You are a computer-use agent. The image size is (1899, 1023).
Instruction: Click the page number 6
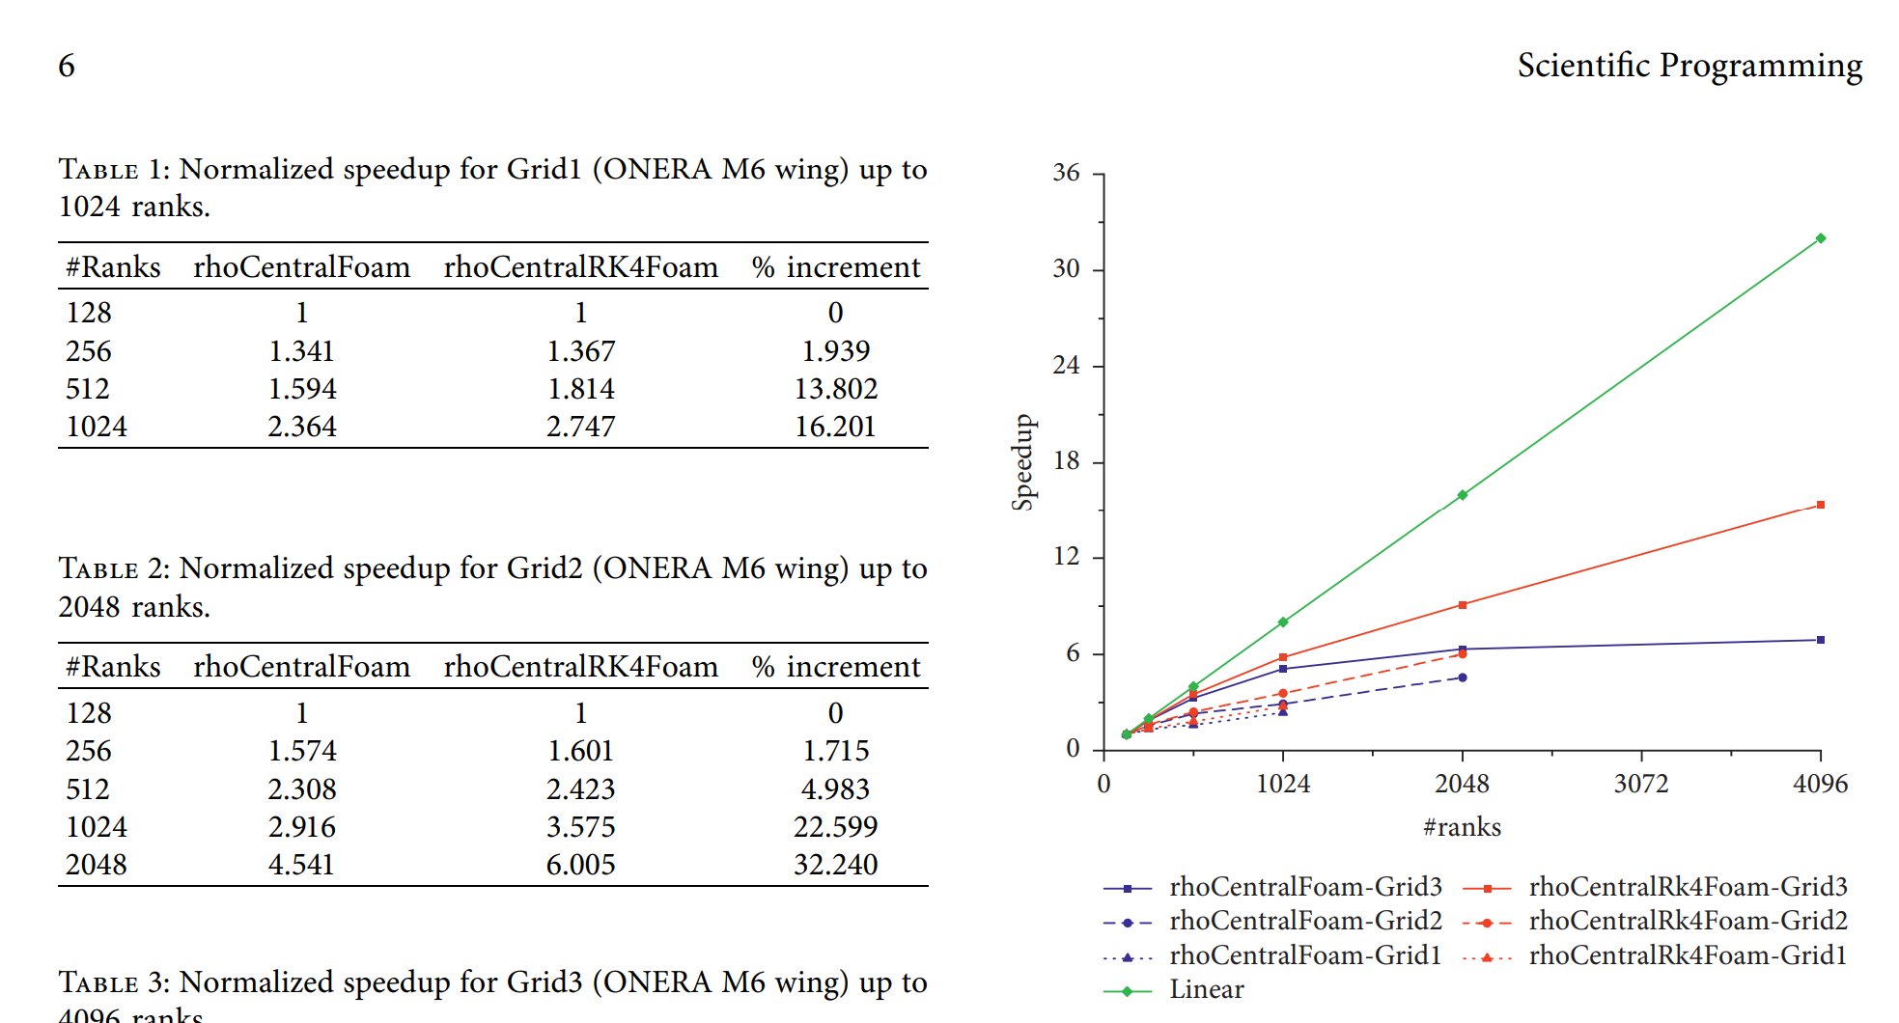pyautogui.click(x=67, y=66)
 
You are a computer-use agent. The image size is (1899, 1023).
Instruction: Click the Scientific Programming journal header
pyautogui.click(x=1690, y=66)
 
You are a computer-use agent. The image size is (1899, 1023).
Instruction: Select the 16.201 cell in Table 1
pyautogui.click(x=835, y=427)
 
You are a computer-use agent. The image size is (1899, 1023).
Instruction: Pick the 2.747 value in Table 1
pyautogui.click(x=580, y=427)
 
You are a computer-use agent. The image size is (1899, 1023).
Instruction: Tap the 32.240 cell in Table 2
pyautogui.click(x=835, y=865)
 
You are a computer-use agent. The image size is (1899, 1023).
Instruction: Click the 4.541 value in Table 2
pyautogui.click(x=301, y=865)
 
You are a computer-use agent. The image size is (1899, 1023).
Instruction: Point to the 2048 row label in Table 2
pyautogui.click(x=97, y=865)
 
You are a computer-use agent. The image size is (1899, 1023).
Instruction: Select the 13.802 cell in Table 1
pyautogui.click(x=835, y=389)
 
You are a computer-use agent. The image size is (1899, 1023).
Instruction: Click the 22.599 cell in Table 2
pyautogui.click(x=835, y=827)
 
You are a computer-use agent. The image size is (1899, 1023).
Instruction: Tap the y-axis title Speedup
pyautogui.click(x=1022, y=462)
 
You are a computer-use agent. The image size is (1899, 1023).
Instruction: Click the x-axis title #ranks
pyautogui.click(x=1462, y=827)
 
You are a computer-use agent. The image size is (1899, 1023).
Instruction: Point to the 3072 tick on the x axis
pyautogui.click(x=1641, y=784)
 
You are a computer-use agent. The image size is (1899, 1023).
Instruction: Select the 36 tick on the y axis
pyautogui.click(x=1066, y=173)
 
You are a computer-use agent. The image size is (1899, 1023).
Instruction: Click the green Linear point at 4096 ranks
pyautogui.click(x=1821, y=238)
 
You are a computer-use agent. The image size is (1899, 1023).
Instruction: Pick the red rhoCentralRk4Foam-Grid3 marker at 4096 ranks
pyautogui.click(x=1821, y=505)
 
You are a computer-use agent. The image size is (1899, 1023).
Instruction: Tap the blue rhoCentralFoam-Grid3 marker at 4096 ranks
pyautogui.click(x=1821, y=640)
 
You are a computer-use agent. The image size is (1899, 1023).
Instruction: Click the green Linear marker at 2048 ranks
pyautogui.click(x=1463, y=495)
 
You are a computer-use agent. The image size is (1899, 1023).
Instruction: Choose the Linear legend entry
pyautogui.click(x=1206, y=990)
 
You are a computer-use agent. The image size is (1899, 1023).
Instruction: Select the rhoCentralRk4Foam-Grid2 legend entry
pyautogui.click(x=1688, y=922)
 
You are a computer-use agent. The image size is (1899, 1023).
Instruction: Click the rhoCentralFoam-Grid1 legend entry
pyautogui.click(x=1304, y=956)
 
